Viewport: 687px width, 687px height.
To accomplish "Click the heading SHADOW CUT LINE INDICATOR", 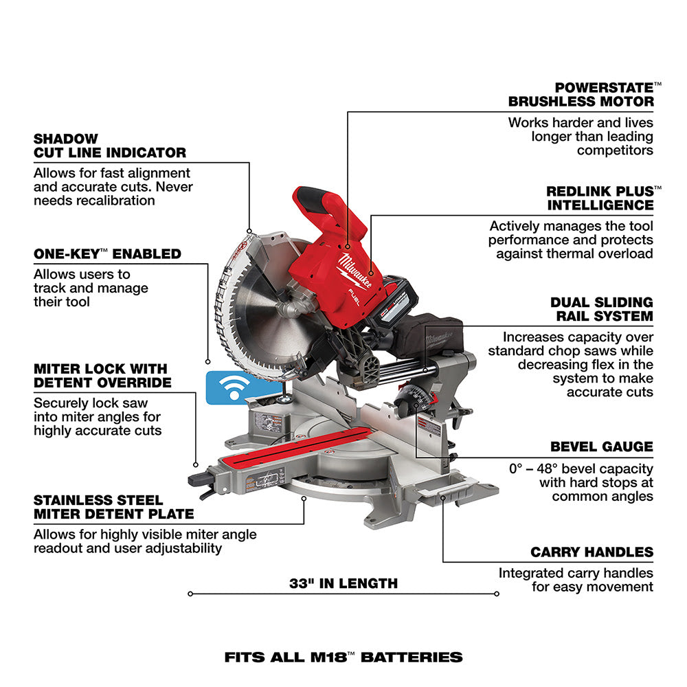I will (x=110, y=146).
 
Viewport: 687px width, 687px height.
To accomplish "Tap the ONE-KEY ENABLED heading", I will (x=107, y=254).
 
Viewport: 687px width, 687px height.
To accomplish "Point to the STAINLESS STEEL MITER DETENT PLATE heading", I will (x=114, y=507).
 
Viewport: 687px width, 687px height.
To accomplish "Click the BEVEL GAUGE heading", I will (x=602, y=447).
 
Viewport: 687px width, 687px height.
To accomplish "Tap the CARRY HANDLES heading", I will (x=592, y=552).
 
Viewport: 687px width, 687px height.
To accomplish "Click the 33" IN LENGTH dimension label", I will (x=343, y=583).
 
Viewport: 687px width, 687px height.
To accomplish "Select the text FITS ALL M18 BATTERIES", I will (x=343, y=657).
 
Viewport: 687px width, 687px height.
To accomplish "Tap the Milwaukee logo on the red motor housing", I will (x=355, y=271).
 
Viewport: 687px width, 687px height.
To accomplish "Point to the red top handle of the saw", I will (x=323, y=203).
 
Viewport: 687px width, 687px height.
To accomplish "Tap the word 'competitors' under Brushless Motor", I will (x=615, y=150).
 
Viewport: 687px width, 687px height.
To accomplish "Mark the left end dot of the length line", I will (x=190, y=593).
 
